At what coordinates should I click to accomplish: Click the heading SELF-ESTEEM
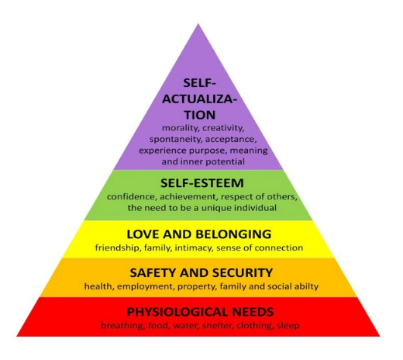tap(202, 183)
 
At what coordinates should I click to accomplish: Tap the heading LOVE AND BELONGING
tap(199, 234)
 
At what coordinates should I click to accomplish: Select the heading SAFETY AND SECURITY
tap(201, 273)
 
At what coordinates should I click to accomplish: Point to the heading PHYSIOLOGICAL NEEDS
tap(200, 312)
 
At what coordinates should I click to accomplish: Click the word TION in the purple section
tap(200, 115)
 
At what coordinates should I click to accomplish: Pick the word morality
tap(181, 128)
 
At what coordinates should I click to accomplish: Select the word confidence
tap(132, 197)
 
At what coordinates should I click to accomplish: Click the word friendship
tap(118, 247)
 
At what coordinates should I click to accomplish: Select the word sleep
tap(288, 325)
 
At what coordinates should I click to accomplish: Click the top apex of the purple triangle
tap(198, 24)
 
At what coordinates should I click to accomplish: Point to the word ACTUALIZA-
tap(200, 99)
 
